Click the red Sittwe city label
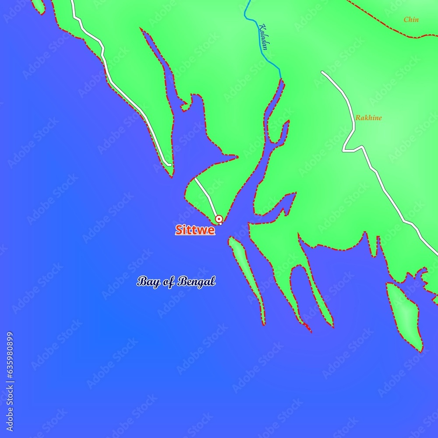pyautogui.click(x=195, y=230)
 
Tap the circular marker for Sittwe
pyautogui.click(x=219, y=219)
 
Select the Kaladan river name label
pyautogui.click(x=263, y=36)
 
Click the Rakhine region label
pyautogui.click(x=368, y=118)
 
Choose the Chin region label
pyautogui.click(x=411, y=20)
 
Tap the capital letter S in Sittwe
pyautogui.click(x=179, y=230)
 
